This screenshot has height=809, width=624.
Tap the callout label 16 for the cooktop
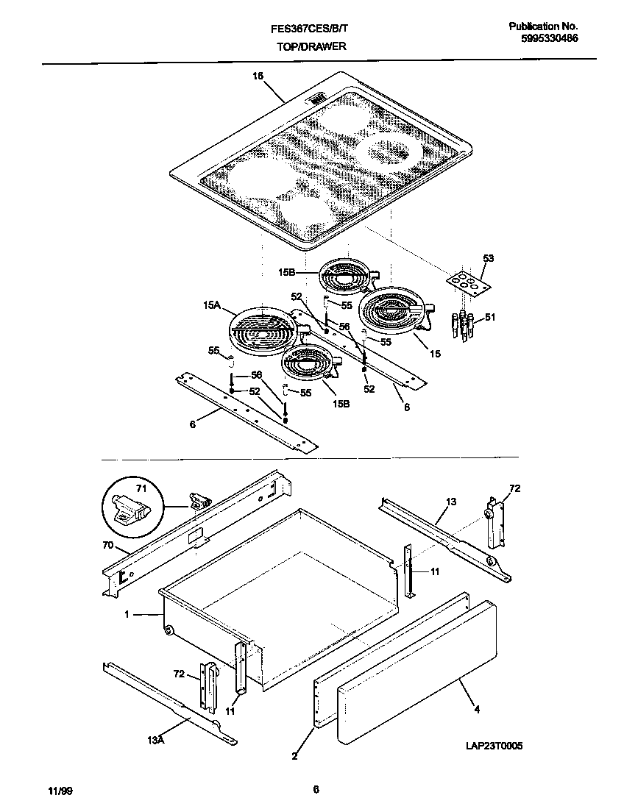(258, 76)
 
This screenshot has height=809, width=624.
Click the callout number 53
(488, 259)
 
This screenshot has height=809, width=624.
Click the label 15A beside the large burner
(213, 304)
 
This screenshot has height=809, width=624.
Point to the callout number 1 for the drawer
(127, 614)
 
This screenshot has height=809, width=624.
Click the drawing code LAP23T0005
(493, 745)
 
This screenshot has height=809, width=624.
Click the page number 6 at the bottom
(315, 790)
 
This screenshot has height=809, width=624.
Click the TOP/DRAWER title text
(311, 46)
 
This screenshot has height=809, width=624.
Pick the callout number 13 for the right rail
(450, 502)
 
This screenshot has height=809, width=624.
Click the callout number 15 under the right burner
(435, 354)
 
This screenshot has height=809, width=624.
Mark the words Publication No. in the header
(544, 26)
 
